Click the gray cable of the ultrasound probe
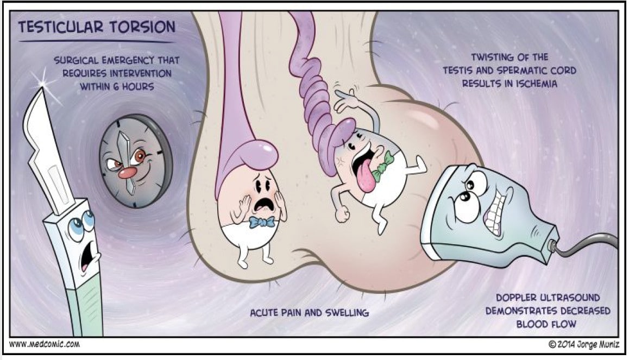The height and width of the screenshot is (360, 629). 589,239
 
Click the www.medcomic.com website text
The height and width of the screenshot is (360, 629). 45,344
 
